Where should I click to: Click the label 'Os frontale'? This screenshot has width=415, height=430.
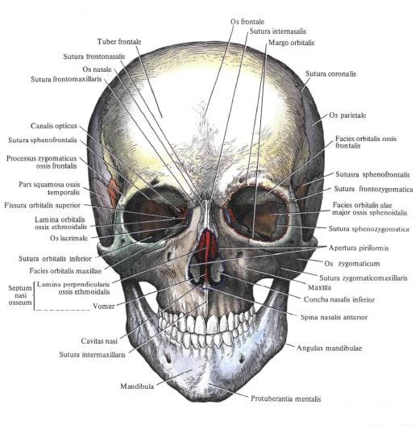click(247, 22)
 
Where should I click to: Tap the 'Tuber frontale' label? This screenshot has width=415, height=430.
click(119, 42)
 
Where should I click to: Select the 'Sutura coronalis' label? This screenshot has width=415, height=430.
click(330, 73)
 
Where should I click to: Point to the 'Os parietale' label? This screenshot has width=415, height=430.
click(347, 115)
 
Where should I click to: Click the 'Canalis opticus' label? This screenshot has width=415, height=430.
click(54, 126)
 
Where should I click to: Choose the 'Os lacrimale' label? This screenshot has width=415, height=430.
click(68, 238)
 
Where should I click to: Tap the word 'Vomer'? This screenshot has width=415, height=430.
click(103, 306)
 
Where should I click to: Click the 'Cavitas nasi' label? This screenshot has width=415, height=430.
click(99, 341)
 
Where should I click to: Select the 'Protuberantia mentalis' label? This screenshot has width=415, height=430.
click(286, 399)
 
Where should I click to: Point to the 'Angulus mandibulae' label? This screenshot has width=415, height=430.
click(330, 348)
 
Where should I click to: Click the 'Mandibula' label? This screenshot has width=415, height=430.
click(137, 386)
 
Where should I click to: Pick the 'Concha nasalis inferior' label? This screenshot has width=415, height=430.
click(339, 299)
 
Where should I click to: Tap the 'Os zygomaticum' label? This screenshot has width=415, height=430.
click(352, 264)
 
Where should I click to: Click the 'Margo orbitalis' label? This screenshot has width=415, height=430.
click(291, 43)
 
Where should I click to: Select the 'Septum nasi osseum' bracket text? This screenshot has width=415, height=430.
click(20, 295)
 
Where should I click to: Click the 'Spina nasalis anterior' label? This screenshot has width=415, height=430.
click(334, 317)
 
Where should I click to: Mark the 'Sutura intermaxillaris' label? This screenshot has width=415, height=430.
click(92, 354)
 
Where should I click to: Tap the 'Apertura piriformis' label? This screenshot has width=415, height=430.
click(359, 248)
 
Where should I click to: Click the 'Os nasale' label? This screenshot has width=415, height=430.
click(97, 69)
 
